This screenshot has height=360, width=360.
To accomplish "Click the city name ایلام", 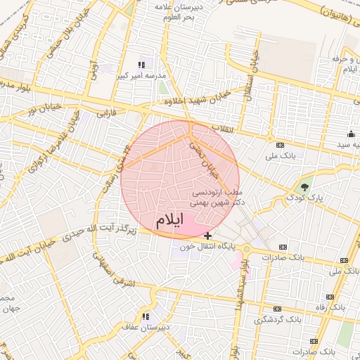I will click(169, 220).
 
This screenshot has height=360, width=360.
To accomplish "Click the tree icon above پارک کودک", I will click(304, 186).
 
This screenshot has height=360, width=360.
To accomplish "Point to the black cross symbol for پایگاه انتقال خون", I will click(207, 235).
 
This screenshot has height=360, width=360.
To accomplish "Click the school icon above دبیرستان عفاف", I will click(146, 316).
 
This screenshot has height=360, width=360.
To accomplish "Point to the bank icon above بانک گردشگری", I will click(277, 309).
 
